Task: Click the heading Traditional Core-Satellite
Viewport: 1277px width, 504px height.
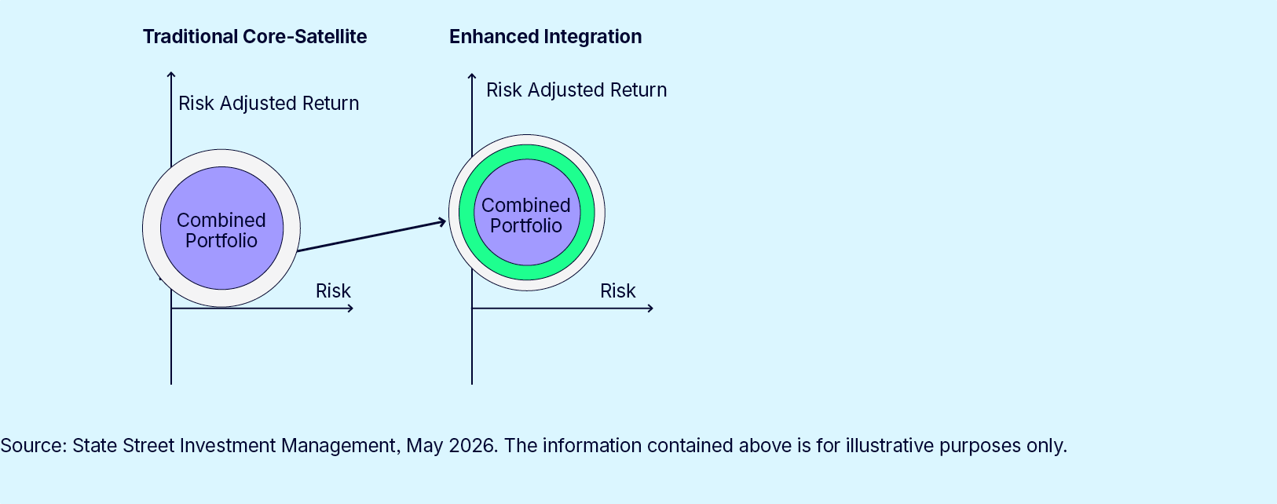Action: point(254,36)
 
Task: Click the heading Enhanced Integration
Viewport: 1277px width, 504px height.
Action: point(546,36)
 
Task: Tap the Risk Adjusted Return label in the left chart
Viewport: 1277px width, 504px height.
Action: point(269,103)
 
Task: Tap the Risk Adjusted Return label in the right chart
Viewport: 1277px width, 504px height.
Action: point(576,90)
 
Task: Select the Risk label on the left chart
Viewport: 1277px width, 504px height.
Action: point(334,290)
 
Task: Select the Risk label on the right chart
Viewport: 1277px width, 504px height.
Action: point(617,290)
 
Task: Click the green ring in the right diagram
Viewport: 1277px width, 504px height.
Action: point(527,152)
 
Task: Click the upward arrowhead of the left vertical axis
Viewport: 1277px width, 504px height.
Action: point(171,74)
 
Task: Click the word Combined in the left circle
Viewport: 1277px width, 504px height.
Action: point(221,220)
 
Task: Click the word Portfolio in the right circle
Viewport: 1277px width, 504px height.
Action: point(526,226)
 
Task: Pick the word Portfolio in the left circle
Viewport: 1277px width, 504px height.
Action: point(221,240)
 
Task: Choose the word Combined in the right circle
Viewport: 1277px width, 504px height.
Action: point(526,205)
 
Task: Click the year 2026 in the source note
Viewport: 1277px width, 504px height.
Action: point(471,445)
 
